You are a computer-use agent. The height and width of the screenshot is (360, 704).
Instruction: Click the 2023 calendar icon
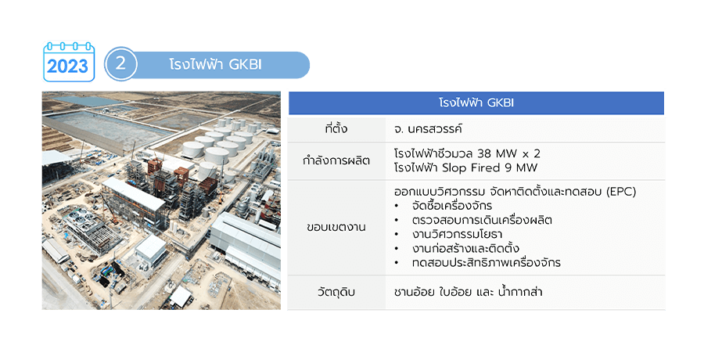[x=69, y=62]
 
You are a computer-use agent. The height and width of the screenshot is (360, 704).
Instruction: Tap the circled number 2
[x=120, y=64]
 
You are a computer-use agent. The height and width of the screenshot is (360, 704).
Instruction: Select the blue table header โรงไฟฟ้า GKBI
[x=476, y=103]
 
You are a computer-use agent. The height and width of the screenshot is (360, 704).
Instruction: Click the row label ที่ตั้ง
[x=336, y=129]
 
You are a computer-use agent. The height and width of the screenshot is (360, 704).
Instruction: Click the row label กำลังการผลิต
[x=336, y=160]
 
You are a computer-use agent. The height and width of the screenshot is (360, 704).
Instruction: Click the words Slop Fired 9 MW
[x=490, y=168]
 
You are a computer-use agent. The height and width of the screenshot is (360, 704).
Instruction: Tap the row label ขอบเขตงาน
[x=336, y=228]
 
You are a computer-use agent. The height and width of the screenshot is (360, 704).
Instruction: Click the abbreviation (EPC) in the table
[x=621, y=192]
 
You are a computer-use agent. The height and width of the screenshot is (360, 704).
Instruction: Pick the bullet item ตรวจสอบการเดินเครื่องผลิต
[x=482, y=220]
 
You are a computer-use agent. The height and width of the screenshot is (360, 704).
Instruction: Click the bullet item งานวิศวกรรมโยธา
[x=457, y=235]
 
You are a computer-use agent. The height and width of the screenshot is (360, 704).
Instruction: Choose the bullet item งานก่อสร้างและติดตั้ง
[x=465, y=249]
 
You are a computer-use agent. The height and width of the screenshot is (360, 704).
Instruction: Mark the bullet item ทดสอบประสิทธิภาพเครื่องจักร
[x=487, y=262]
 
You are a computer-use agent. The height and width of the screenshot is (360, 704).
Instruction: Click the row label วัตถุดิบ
[x=336, y=292]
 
